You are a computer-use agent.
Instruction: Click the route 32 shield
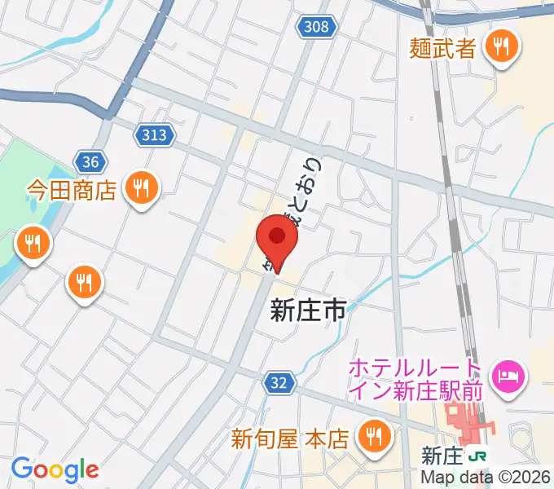[278, 381]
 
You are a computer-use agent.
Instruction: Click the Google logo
[55, 469]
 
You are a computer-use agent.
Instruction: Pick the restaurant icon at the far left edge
[33, 244]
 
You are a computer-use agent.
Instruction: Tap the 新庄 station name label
[443, 455]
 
